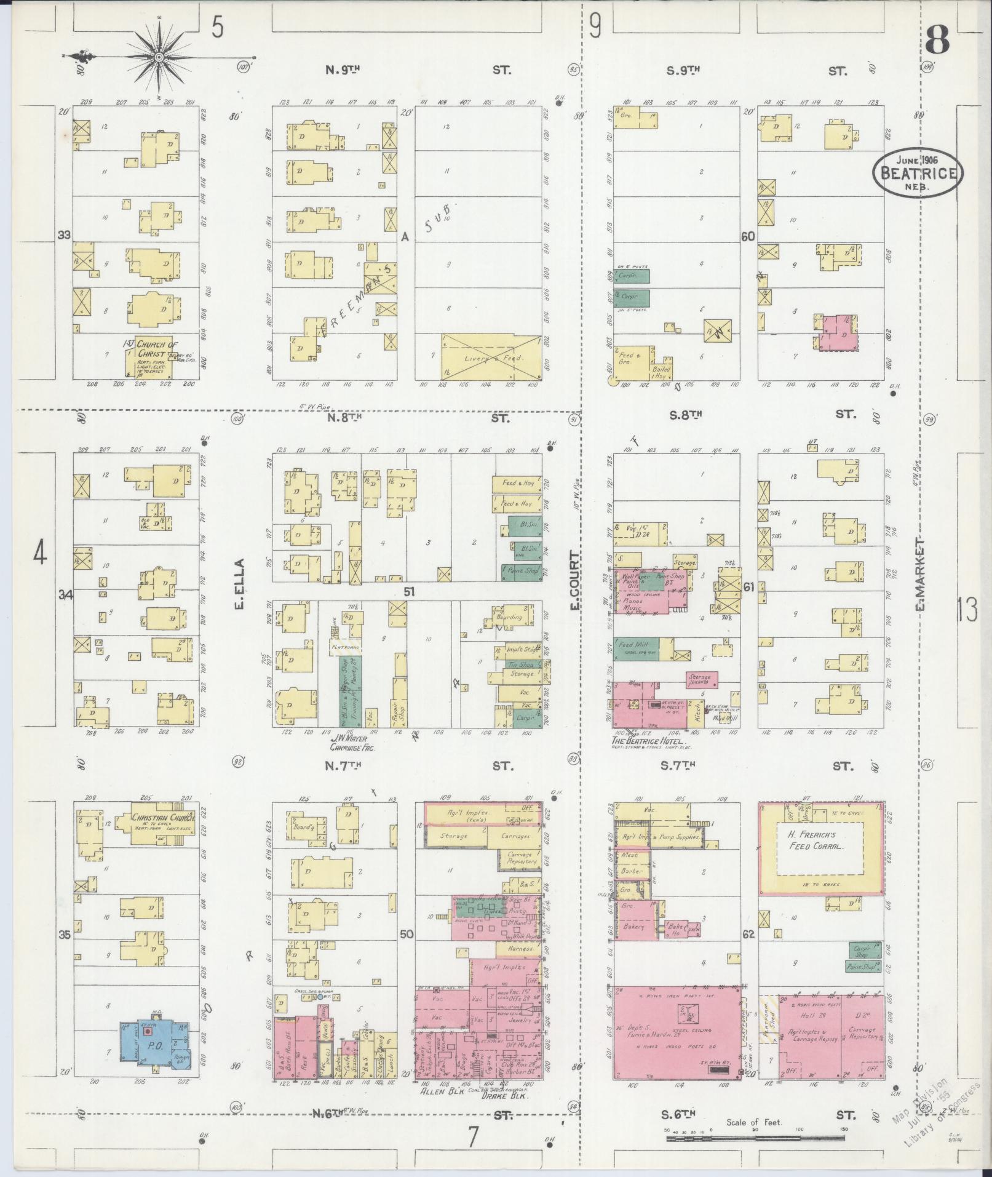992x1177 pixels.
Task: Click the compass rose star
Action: (159, 57)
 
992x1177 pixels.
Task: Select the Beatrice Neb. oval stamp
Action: (918, 174)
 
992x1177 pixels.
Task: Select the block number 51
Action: (410, 592)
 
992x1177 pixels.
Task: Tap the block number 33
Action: (63, 236)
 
